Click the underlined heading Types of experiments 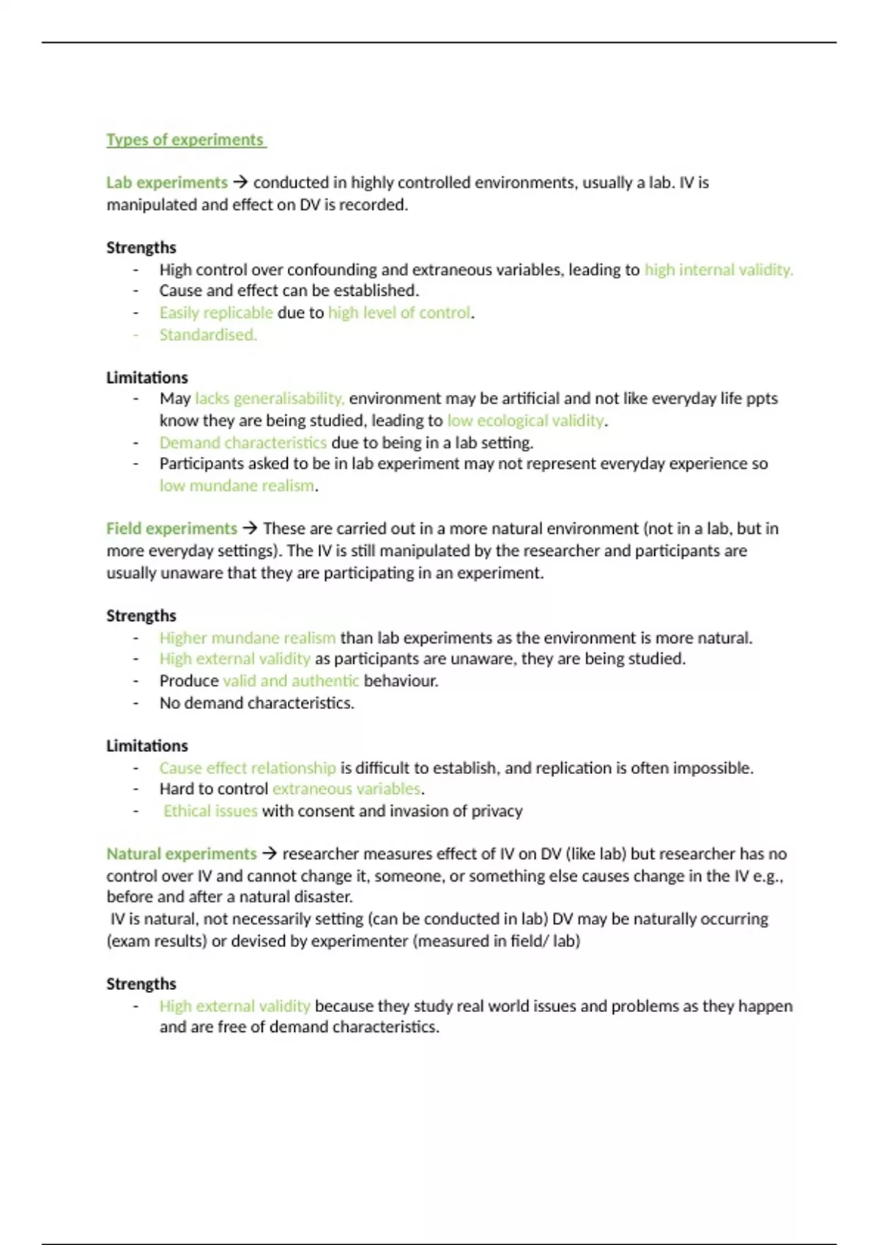[x=185, y=140]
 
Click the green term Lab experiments [x=167, y=182]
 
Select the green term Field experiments [x=171, y=529]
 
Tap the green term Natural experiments [x=182, y=854]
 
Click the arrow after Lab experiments [x=240, y=182]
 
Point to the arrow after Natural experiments [x=270, y=854]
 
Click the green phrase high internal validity [x=718, y=270]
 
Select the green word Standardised [x=208, y=335]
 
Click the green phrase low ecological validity [x=526, y=420]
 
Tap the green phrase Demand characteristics [x=243, y=443]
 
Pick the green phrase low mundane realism [x=237, y=486]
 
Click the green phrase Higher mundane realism [x=248, y=638]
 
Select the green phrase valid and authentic [x=291, y=681]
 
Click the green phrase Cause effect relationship [x=248, y=768]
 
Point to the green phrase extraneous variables [x=347, y=789]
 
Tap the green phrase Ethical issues [x=210, y=811]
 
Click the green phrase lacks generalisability [x=270, y=399]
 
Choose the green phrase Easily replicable [x=216, y=313]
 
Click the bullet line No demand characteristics [x=256, y=703]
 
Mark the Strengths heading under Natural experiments [x=141, y=984]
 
